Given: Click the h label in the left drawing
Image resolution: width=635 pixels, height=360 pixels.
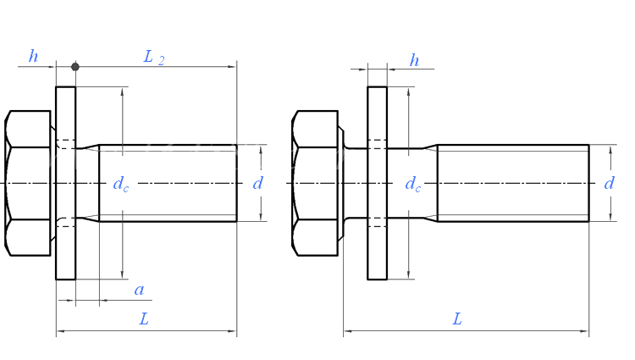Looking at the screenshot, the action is [x=33, y=56].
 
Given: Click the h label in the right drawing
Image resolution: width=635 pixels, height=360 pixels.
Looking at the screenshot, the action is [x=414, y=60].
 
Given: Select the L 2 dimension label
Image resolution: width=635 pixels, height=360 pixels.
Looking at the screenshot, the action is [x=154, y=57].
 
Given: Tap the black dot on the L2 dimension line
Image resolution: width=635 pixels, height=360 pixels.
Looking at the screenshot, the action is [x=75, y=67].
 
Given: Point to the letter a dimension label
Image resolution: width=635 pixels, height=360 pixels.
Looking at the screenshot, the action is [x=140, y=290].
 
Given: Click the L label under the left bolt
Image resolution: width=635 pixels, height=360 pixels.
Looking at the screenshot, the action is [x=144, y=319].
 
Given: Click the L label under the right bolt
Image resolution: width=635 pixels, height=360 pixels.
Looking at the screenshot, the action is [x=457, y=319].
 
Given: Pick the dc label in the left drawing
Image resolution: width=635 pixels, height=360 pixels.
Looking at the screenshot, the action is [x=121, y=184].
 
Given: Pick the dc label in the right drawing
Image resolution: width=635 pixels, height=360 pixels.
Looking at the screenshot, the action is [x=412, y=184].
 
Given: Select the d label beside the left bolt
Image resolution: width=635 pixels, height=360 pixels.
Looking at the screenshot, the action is [x=257, y=184].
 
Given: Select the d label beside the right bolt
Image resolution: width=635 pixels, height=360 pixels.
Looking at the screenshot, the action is [x=609, y=184].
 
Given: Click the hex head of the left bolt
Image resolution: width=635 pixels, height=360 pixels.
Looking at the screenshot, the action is [x=28, y=183].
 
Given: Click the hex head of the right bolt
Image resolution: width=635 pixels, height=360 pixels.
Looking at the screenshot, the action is [x=315, y=183].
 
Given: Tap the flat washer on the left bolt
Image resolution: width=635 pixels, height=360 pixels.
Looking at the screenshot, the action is [x=65, y=183].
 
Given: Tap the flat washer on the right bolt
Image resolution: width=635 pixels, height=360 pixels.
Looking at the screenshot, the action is [x=377, y=183].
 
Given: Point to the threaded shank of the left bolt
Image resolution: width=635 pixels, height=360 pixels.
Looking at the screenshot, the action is [x=168, y=183].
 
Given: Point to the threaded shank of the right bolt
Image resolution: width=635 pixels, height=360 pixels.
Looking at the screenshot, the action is [x=513, y=183].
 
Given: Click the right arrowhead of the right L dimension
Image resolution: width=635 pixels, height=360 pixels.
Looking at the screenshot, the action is [x=585, y=331].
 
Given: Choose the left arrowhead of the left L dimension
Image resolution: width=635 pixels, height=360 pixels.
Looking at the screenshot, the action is [x=60, y=331].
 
